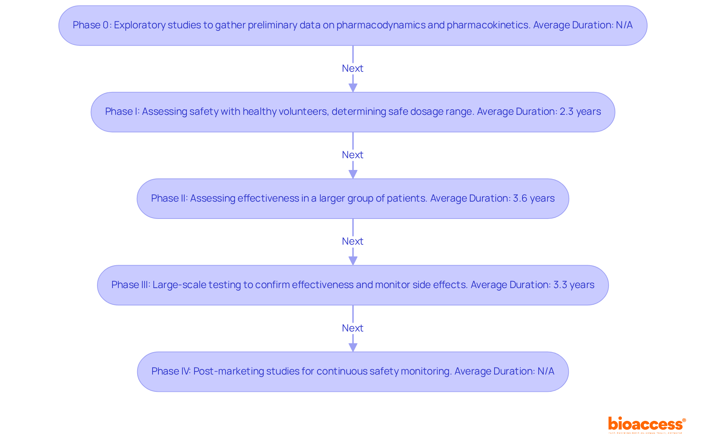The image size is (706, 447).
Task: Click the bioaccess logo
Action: coord(646,424)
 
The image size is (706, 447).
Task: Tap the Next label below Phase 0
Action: coord(352,68)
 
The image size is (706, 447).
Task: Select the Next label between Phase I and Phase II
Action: coord(352,155)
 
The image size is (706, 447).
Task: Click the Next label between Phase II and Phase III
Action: coord(352,241)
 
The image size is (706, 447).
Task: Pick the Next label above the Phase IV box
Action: coord(352,328)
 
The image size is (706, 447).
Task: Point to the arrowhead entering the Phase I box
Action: coord(353,88)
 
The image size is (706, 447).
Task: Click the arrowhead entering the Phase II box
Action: coord(353,174)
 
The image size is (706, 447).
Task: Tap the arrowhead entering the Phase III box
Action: coord(353,260)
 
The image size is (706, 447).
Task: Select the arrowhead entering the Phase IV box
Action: coord(353,347)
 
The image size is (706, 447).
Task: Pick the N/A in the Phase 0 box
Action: coord(624,25)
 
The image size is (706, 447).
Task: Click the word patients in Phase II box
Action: coord(409,198)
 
